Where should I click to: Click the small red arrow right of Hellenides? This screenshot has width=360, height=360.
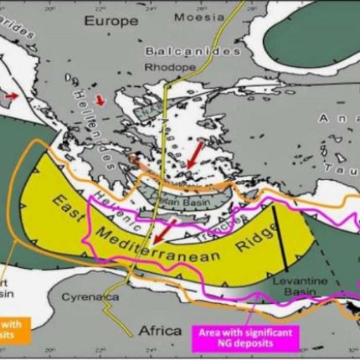pyautogui.click(x=103, y=101)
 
